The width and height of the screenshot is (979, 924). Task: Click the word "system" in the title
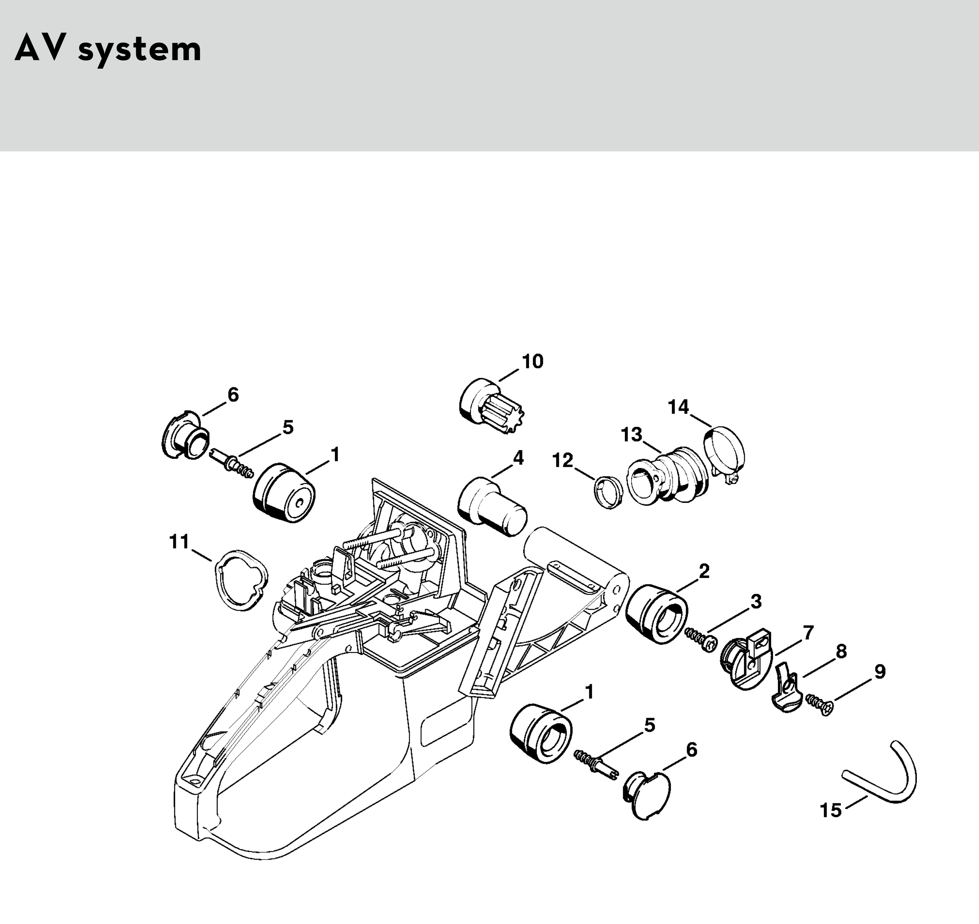[140, 50]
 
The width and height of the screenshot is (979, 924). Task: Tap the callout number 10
[532, 361]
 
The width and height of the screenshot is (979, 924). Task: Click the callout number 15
[831, 810]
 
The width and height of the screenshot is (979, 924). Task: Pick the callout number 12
[563, 461]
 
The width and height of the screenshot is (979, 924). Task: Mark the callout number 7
[808, 632]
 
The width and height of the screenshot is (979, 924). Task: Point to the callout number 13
[632, 435]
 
